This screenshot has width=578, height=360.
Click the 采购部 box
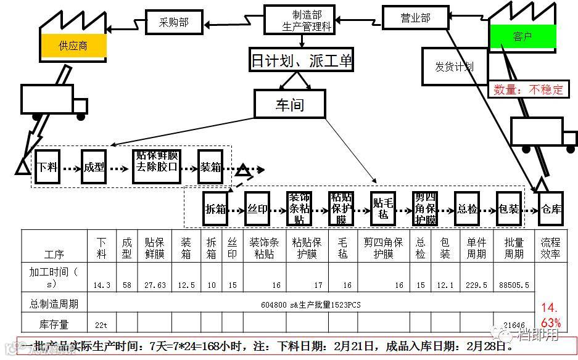(x=174, y=22)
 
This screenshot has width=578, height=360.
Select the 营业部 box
(x=415, y=18)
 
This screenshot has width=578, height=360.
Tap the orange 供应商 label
(x=73, y=46)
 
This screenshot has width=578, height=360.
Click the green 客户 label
(x=522, y=37)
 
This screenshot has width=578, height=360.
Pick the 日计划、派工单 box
(x=302, y=60)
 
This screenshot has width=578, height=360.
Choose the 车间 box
(x=289, y=104)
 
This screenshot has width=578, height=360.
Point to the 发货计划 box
(x=454, y=66)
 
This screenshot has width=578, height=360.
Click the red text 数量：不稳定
(x=529, y=90)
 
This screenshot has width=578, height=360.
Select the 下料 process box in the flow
(x=47, y=166)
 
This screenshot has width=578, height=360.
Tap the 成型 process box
(x=94, y=166)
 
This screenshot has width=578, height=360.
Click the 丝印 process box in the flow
(x=257, y=209)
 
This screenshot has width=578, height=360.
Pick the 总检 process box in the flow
(x=467, y=209)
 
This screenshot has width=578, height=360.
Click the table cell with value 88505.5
(x=513, y=285)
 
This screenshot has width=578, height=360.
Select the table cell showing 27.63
(x=154, y=285)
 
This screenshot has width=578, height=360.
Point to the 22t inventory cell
(x=101, y=324)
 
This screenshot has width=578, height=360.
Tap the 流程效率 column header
(x=550, y=247)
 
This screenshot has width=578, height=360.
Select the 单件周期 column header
(x=476, y=247)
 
